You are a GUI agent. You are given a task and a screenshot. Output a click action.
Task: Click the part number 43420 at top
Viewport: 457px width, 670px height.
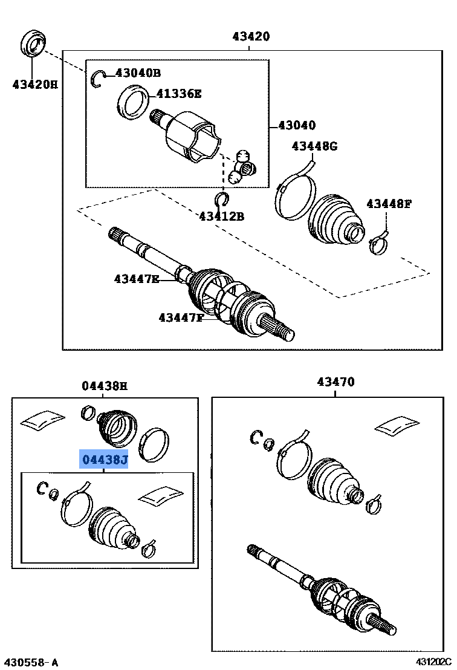coord(251,37)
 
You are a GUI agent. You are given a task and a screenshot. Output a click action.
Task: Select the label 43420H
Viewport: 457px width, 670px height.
coord(34,85)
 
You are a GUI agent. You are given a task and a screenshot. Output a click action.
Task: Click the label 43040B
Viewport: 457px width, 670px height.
coord(138,73)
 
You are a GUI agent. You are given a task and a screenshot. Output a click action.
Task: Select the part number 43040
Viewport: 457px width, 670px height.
coord(296,126)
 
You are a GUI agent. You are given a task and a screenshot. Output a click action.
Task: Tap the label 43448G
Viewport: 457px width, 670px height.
coord(314,146)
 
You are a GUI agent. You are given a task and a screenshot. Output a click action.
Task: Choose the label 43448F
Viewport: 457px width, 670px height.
coord(388,204)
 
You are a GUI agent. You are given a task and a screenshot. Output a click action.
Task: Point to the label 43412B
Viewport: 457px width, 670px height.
coord(221,216)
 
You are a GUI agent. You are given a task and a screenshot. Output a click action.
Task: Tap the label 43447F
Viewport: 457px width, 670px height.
coord(181,317)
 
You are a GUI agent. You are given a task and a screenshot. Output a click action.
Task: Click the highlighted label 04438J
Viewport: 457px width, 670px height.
coord(105,460)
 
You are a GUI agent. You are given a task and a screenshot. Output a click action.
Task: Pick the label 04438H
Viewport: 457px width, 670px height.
coord(105,386)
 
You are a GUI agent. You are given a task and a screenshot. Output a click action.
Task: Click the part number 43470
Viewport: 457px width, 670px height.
coord(335,382)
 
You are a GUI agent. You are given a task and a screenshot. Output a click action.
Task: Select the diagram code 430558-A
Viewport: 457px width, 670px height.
coord(31,663)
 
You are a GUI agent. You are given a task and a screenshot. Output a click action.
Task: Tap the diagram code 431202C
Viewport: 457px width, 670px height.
coord(433,663)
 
